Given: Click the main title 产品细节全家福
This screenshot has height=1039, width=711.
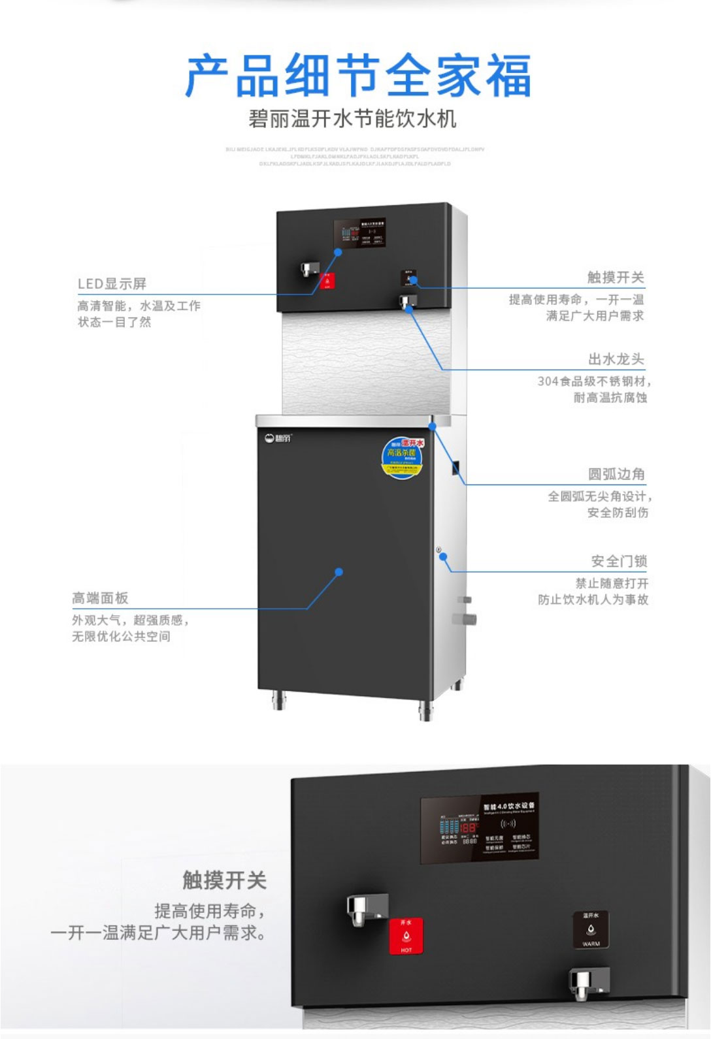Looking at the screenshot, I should (357, 76).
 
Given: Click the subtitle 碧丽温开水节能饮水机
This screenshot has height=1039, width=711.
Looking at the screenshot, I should (352, 119).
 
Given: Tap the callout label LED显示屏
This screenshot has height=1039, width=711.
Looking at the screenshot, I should (112, 283).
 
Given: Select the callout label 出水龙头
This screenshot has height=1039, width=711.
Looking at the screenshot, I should (616, 359).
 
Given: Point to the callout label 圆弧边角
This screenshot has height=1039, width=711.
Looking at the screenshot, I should (616, 474).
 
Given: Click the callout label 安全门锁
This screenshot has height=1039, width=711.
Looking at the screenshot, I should (618, 561).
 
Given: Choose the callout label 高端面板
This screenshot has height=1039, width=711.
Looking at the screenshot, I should (100, 598).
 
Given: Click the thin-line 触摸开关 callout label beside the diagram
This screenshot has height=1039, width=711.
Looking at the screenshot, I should (615, 277).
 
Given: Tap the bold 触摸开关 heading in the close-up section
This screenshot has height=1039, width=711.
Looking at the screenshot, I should (224, 880).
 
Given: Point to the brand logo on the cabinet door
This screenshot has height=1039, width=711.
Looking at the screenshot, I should (278, 437).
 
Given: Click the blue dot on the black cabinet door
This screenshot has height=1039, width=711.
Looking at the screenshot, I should (339, 572).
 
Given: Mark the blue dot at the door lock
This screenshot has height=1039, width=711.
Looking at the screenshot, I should (443, 556).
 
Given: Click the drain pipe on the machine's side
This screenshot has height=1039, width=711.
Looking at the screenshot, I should (467, 618).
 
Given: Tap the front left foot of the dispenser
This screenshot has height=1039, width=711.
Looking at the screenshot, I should (279, 701).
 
